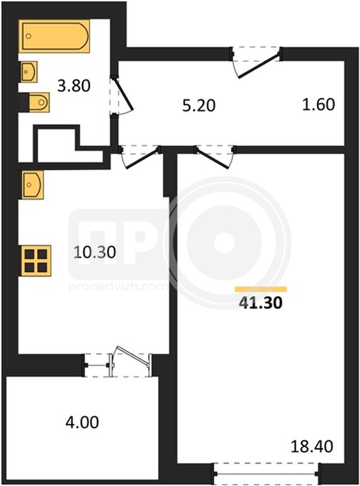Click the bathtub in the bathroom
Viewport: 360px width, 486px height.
(x=56, y=36)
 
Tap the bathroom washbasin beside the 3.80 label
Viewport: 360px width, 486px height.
(x=29, y=72)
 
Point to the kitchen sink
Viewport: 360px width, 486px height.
(x=32, y=185)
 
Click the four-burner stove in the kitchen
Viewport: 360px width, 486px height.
(x=36, y=261)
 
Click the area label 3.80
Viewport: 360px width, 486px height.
(x=74, y=86)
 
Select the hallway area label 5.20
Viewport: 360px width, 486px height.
(x=199, y=106)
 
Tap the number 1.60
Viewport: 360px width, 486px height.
(x=319, y=104)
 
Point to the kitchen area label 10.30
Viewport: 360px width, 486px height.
(x=95, y=252)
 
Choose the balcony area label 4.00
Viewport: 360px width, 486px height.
(x=82, y=422)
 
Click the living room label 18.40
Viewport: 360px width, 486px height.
(x=312, y=447)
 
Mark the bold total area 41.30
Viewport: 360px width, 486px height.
(x=261, y=303)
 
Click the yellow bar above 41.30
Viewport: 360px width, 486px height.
(x=261, y=289)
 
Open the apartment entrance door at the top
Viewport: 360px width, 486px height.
(x=260, y=66)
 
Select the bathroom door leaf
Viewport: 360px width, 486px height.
(x=124, y=95)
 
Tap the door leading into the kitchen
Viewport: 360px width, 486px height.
(x=142, y=159)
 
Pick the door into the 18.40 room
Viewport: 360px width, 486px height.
(x=215, y=159)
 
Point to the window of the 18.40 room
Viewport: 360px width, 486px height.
(x=266, y=474)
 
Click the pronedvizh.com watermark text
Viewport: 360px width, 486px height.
(x=117, y=287)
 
